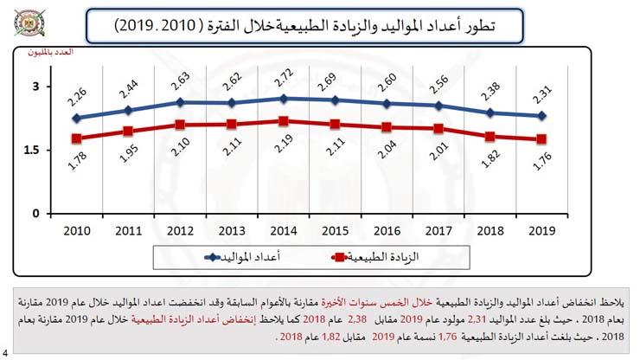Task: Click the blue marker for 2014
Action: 284,99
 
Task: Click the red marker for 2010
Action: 76,138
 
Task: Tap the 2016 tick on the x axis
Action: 387,232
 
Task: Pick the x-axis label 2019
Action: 541,232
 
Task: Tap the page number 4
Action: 5,353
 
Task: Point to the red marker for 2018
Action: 490,137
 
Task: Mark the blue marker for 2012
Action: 180,102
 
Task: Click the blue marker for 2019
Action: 541,116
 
